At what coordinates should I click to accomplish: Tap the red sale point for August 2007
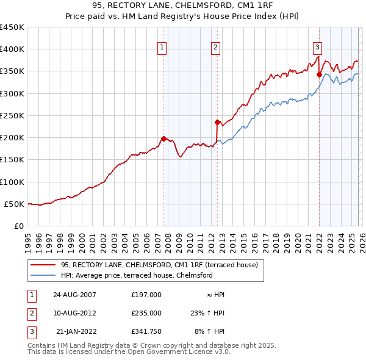point(163,139)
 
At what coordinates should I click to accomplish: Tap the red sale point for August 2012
point(217,122)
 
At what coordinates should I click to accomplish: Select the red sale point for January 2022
point(319,74)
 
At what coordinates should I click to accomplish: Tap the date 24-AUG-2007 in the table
point(74,294)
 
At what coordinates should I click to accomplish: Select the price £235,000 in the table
point(146,313)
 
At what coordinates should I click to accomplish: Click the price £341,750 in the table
point(146,331)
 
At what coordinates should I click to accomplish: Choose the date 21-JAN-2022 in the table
point(76,331)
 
